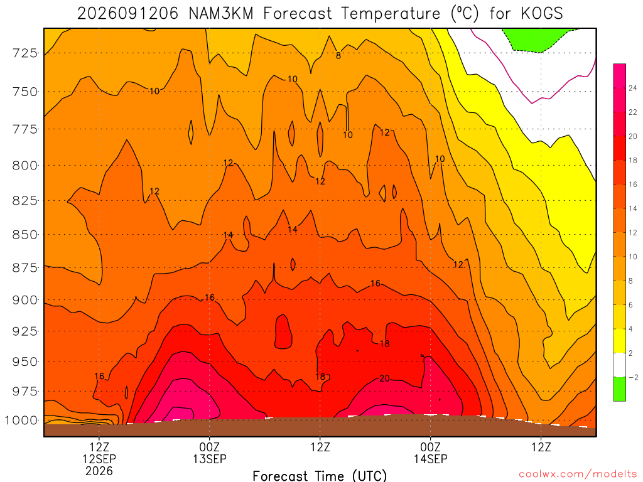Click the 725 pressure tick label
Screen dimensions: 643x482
pos(24,53)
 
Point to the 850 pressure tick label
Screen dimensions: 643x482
pos(24,235)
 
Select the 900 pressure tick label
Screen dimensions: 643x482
pos(24,300)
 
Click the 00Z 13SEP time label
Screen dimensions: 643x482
pos(210,453)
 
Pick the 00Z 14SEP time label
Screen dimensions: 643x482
pos(431,453)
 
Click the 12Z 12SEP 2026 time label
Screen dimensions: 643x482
pos(99,459)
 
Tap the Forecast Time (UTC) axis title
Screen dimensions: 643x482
pos(320,476)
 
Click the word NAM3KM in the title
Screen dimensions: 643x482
pos(221,14)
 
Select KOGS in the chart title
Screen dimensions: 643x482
pos(542,14)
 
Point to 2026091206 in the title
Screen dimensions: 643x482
pos(128,14)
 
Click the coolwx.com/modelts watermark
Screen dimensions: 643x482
pos(578,474)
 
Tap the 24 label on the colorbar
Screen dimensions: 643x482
pos(633,88)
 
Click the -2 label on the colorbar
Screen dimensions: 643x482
pos(633,377)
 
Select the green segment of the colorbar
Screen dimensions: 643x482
pos(619,389)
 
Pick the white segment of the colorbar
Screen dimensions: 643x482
pos(619,365)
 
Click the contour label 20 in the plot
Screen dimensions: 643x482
pos(384,378)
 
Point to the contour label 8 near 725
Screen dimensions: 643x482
pos(338,56)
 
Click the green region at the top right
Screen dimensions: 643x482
pos(538,40)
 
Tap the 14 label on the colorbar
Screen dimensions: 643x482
pos(633,208)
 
